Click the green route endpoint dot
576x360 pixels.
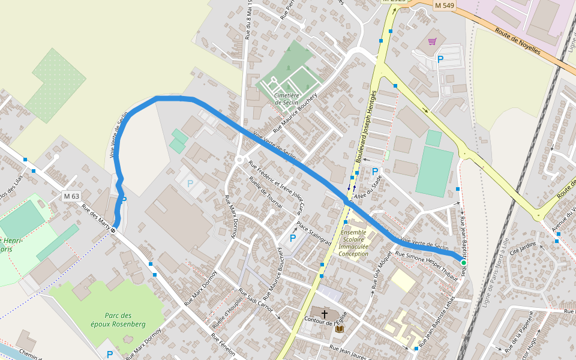463,263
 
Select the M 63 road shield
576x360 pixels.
71,196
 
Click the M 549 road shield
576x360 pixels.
445,5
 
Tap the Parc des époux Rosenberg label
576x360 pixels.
125,320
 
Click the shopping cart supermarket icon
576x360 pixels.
433,41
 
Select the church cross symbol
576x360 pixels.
325,314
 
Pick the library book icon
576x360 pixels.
340,329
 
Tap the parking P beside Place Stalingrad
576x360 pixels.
293,238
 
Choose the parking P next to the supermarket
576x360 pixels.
440,59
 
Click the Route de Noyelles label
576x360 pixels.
518,41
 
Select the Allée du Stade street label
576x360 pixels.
368,188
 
